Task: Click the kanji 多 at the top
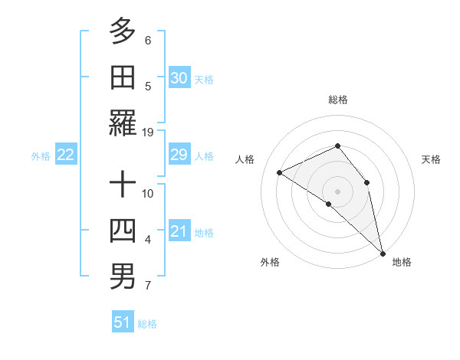click(x=123, y=31)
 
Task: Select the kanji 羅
click(x=123, y=123)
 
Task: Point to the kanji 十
click(x=123, y=185)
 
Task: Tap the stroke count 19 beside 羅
click(x=148, y=132)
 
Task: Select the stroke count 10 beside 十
click(x=148, y=193)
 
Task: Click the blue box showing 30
click(x=179, y=77)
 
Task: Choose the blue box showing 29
click(x=179, y=155)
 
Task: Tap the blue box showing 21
click(x=179, y=231)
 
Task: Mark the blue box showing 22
click(x=65, y=155)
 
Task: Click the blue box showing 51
click(x=123, y=322)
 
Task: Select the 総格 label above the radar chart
click(x=337, y=100)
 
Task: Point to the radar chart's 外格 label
click(x=270, y=262)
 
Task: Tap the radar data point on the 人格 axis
click(x=280, y=172)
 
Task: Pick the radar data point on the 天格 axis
click(x=367, y=182)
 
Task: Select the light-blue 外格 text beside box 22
click(x=41, y=155)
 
